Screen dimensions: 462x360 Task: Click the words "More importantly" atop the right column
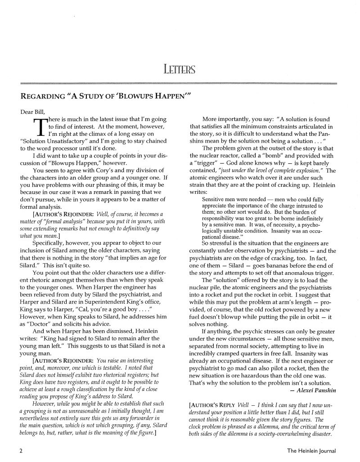coord(229,119)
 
